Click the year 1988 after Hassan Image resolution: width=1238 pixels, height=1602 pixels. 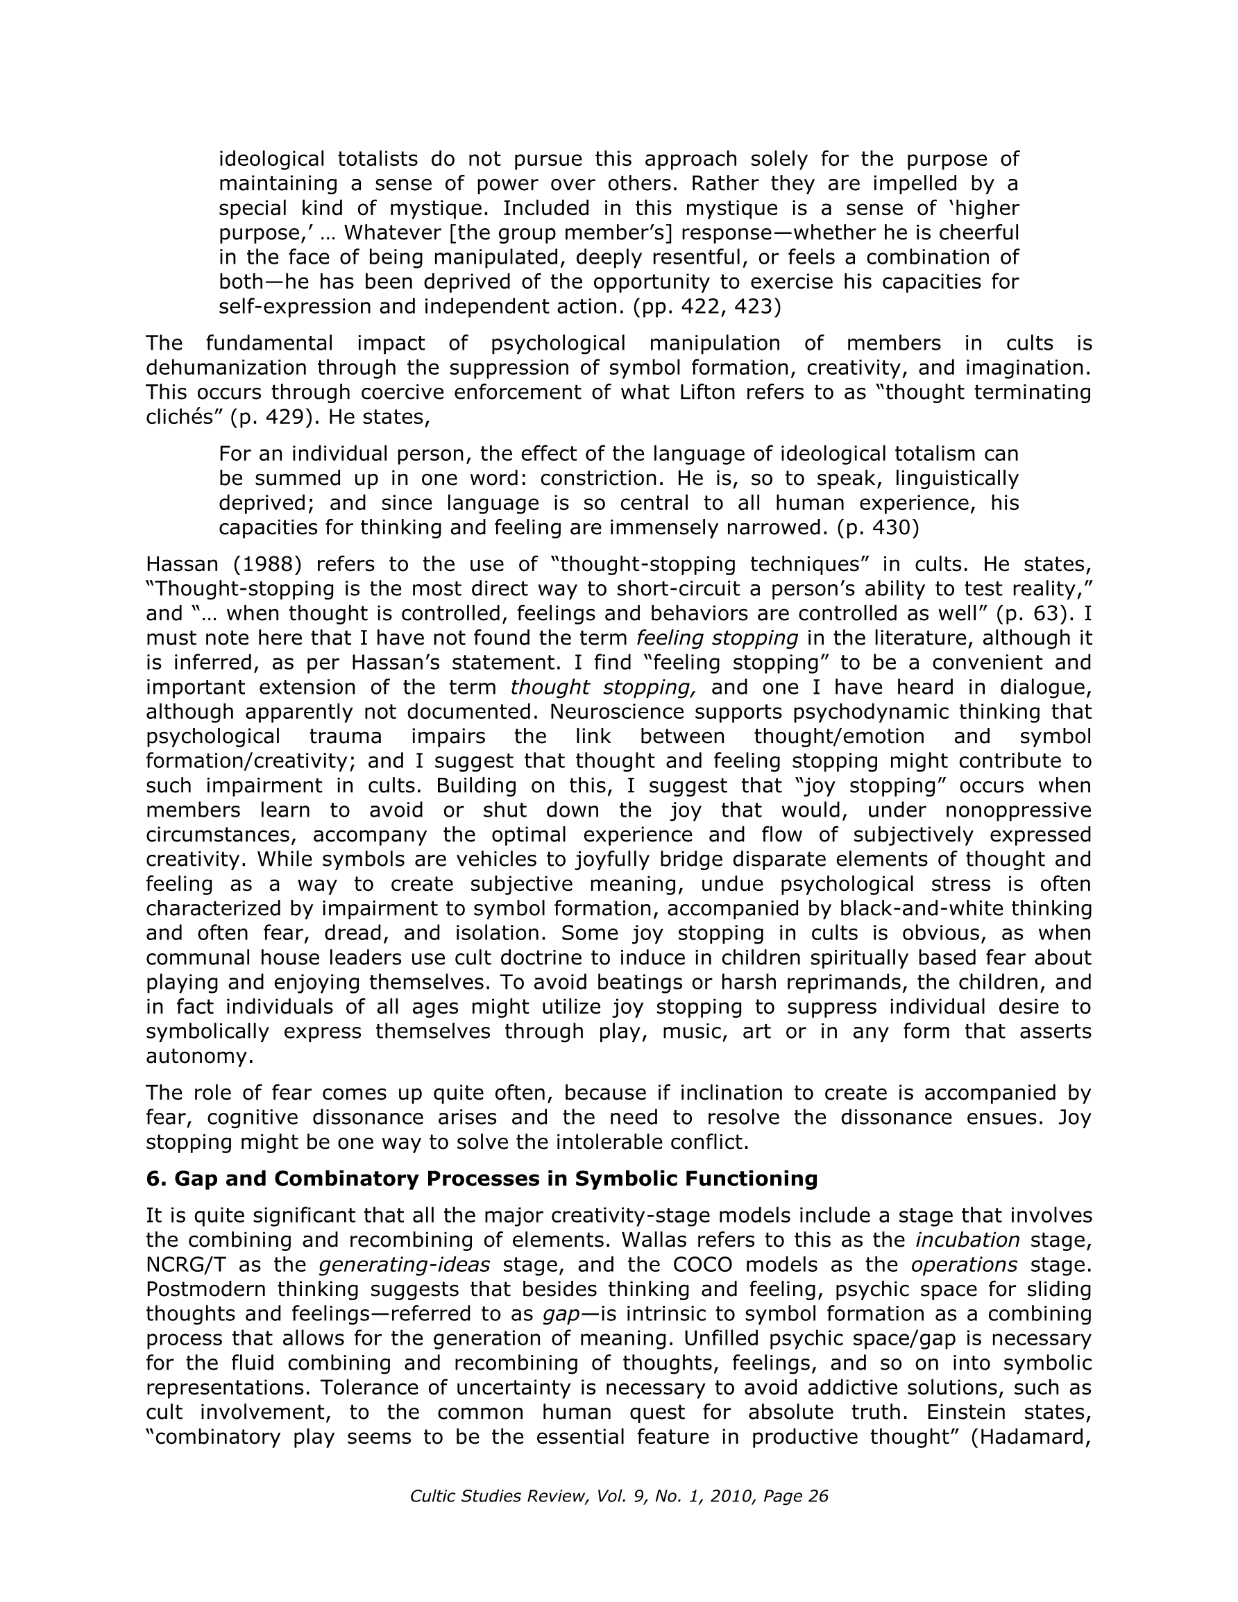click(x=268, y=564)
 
